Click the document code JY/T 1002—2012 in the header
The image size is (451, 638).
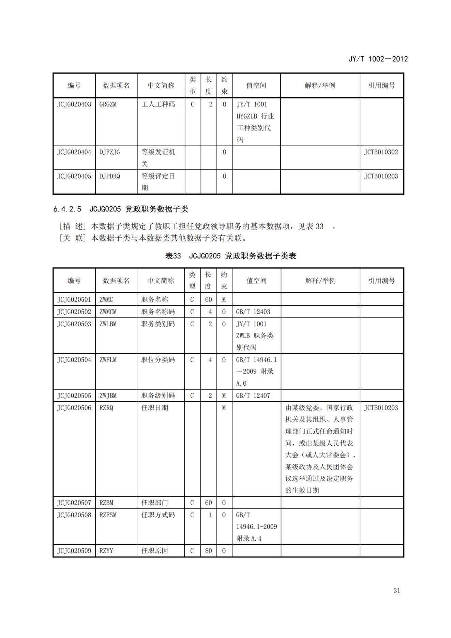[378, 59]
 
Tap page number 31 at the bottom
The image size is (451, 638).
[396, 590]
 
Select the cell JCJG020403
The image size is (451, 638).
[74, 104]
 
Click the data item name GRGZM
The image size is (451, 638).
[108, 104]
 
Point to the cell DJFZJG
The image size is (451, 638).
[109, 152]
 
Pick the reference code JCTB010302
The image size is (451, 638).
[381, 152]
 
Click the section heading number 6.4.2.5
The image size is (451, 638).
[67, 209]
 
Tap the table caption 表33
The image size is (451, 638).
[173, 256]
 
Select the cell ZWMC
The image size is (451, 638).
[106, 299]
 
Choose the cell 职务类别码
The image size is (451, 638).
[158, 324]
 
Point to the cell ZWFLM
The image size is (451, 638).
[108, 360]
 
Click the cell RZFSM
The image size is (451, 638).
[108, 515]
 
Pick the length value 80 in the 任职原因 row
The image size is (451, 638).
[208, 551]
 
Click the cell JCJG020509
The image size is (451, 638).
[74, 551]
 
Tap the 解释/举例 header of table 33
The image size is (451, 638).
[320, 281]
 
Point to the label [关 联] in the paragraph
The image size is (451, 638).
[73, 238]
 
